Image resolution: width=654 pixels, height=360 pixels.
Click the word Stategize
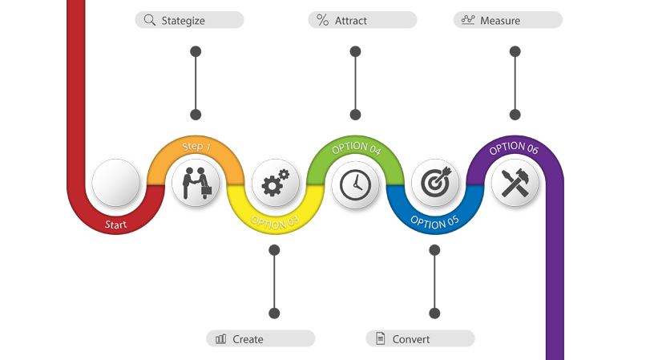(x=183, y=21)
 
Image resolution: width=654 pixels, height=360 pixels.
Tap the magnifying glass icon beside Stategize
(x=149, y=20)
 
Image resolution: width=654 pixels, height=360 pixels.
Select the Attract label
(x=351, y=21)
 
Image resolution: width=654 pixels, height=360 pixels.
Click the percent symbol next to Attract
(x=322, y=20)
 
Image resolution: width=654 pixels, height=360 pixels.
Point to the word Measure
(x=500, y=21)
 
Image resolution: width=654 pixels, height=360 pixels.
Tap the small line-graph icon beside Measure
(x=468, y=19)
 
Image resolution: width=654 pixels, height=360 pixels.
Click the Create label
(x=248, y=339)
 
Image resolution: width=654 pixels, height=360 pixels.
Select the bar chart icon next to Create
(x=221, y=339)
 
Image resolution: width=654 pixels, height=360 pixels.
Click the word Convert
(x=411, y=339)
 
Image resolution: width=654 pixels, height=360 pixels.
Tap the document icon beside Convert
(x=381, y=338)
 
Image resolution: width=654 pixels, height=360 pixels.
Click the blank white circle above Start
(x=115, y=184)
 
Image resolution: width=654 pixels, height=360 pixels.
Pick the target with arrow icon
(x=435, y=184)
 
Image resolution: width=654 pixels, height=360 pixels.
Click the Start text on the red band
(x=116, y=224)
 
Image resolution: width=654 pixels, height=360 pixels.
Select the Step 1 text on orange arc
(x=196, y=147)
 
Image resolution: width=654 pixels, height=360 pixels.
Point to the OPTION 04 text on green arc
(x=356, y=148)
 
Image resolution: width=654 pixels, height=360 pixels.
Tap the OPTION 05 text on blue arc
(x=434, y=220)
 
